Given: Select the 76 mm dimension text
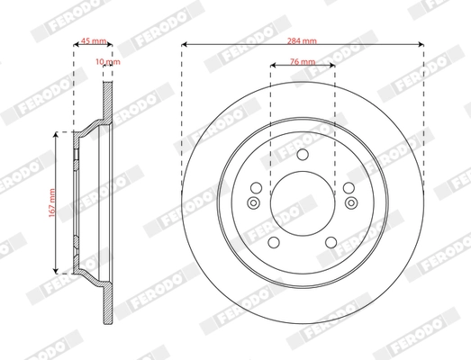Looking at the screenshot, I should pyautogui.click(x=303, y=60).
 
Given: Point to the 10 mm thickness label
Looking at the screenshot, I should pyautogui.click(x=108, y=64).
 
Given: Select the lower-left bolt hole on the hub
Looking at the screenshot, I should pyautogui.click(x=273, y=241).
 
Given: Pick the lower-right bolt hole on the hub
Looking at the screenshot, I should pyautogui.click(x=330, y=241).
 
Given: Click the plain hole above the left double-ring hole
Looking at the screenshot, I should pyautogui.click(x=256, y=188).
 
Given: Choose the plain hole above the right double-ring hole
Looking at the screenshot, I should pyautogui.click(x=347, y=188).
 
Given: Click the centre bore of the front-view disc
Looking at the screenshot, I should pyautogui.click(x=301, y=200).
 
